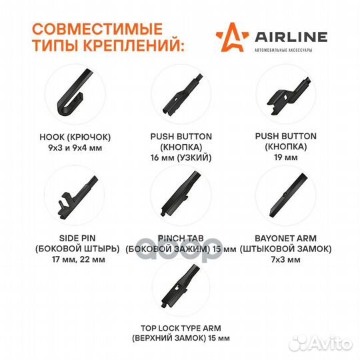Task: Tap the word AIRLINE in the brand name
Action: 291,37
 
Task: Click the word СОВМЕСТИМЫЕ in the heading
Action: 97,29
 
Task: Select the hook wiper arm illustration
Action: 75,92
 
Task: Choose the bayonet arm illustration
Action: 288,195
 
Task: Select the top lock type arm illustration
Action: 181,286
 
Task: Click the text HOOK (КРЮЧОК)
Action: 75,137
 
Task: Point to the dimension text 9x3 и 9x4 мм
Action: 75,147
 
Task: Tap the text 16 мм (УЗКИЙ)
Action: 181,158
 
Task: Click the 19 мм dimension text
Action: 286,157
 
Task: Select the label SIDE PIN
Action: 77,238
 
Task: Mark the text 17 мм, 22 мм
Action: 79,260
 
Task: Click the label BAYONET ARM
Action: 285,238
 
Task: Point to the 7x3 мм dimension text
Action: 285,260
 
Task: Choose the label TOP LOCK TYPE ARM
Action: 181,328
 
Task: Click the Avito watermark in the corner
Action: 321,344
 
